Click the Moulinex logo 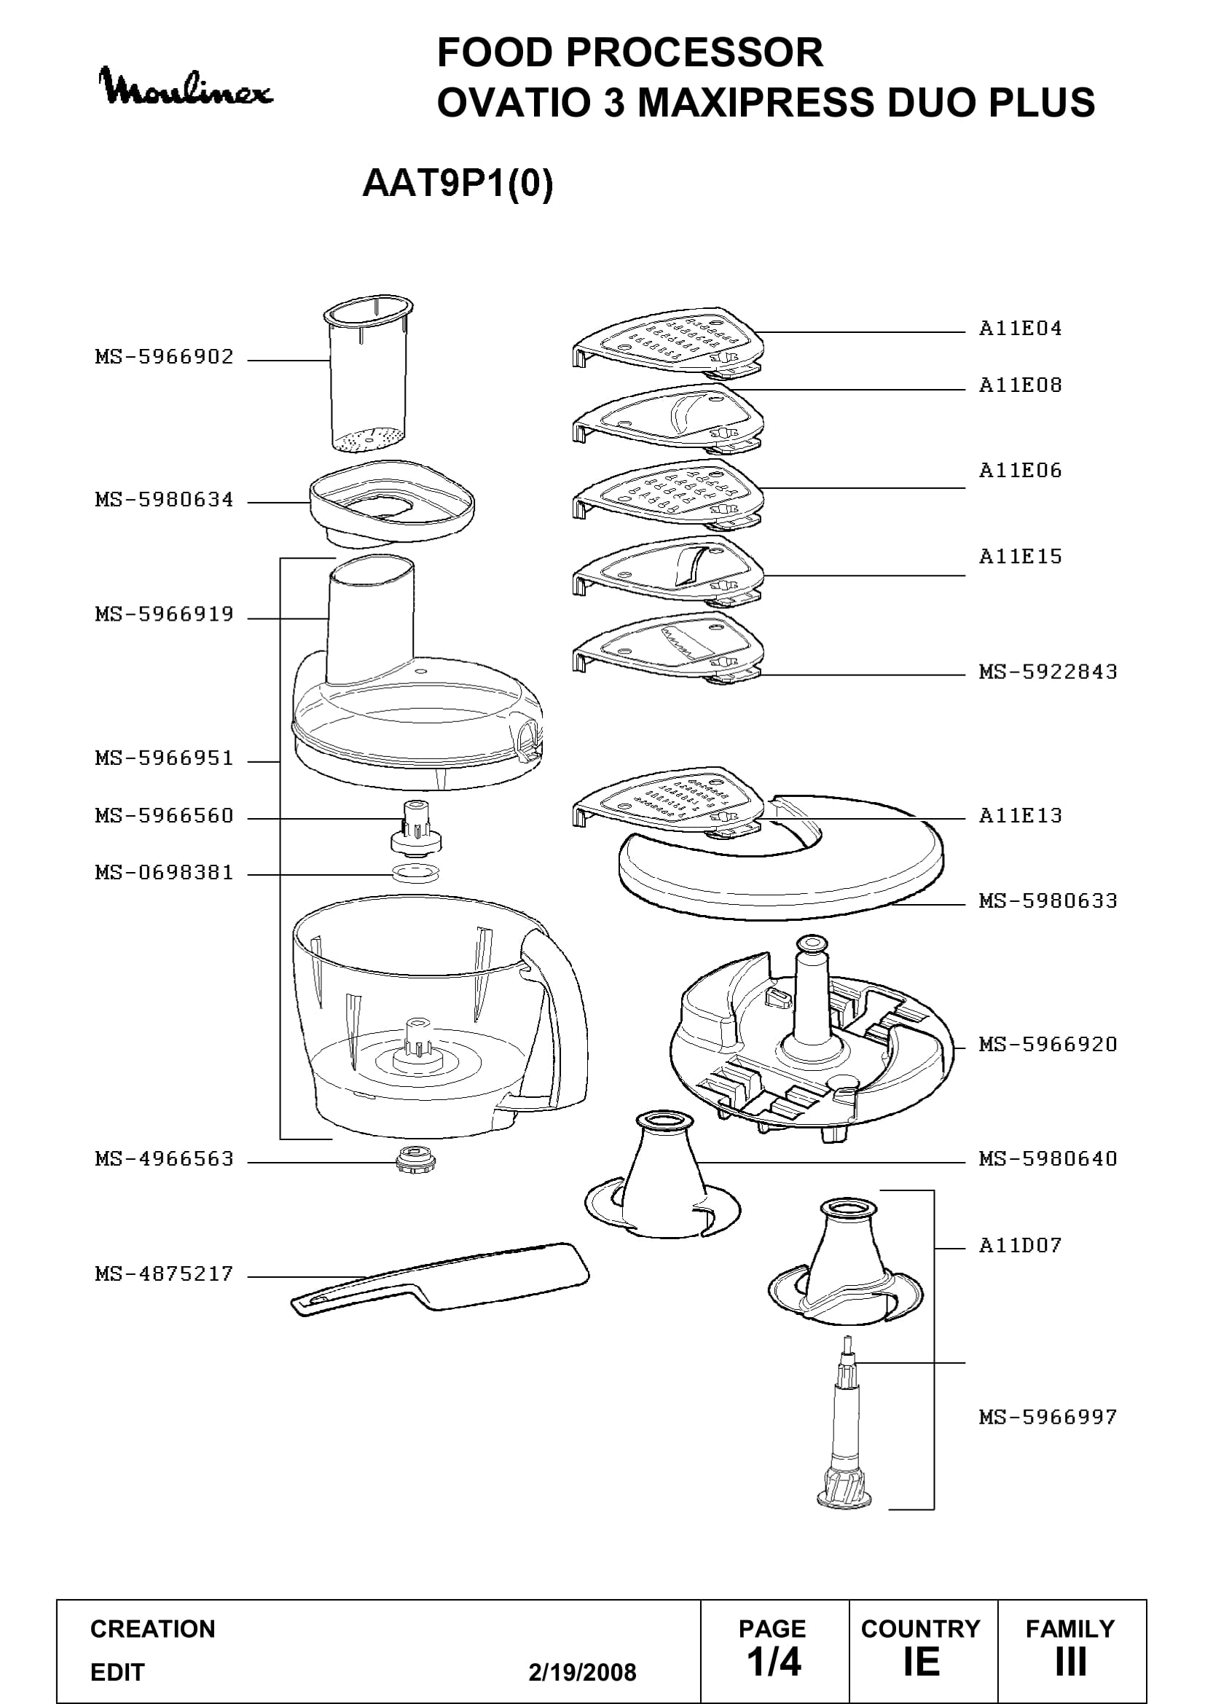[x=186, y=87]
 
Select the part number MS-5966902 [x=164, y=357]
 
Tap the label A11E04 [x=1020, y=328]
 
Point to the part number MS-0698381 [x=164, y=873]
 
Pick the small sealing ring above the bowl [x=415, y=873]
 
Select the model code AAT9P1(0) [x=458, y=184]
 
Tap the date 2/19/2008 [x=583, y=1672]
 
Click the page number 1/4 [x=774, y=1662]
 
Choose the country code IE [x=922, y=1662]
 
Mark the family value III [x=1071, y=1662]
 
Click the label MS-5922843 [x=1048, y=672]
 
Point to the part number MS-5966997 [x=1048, y=1417]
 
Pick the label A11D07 [x=1020, y=1244]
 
